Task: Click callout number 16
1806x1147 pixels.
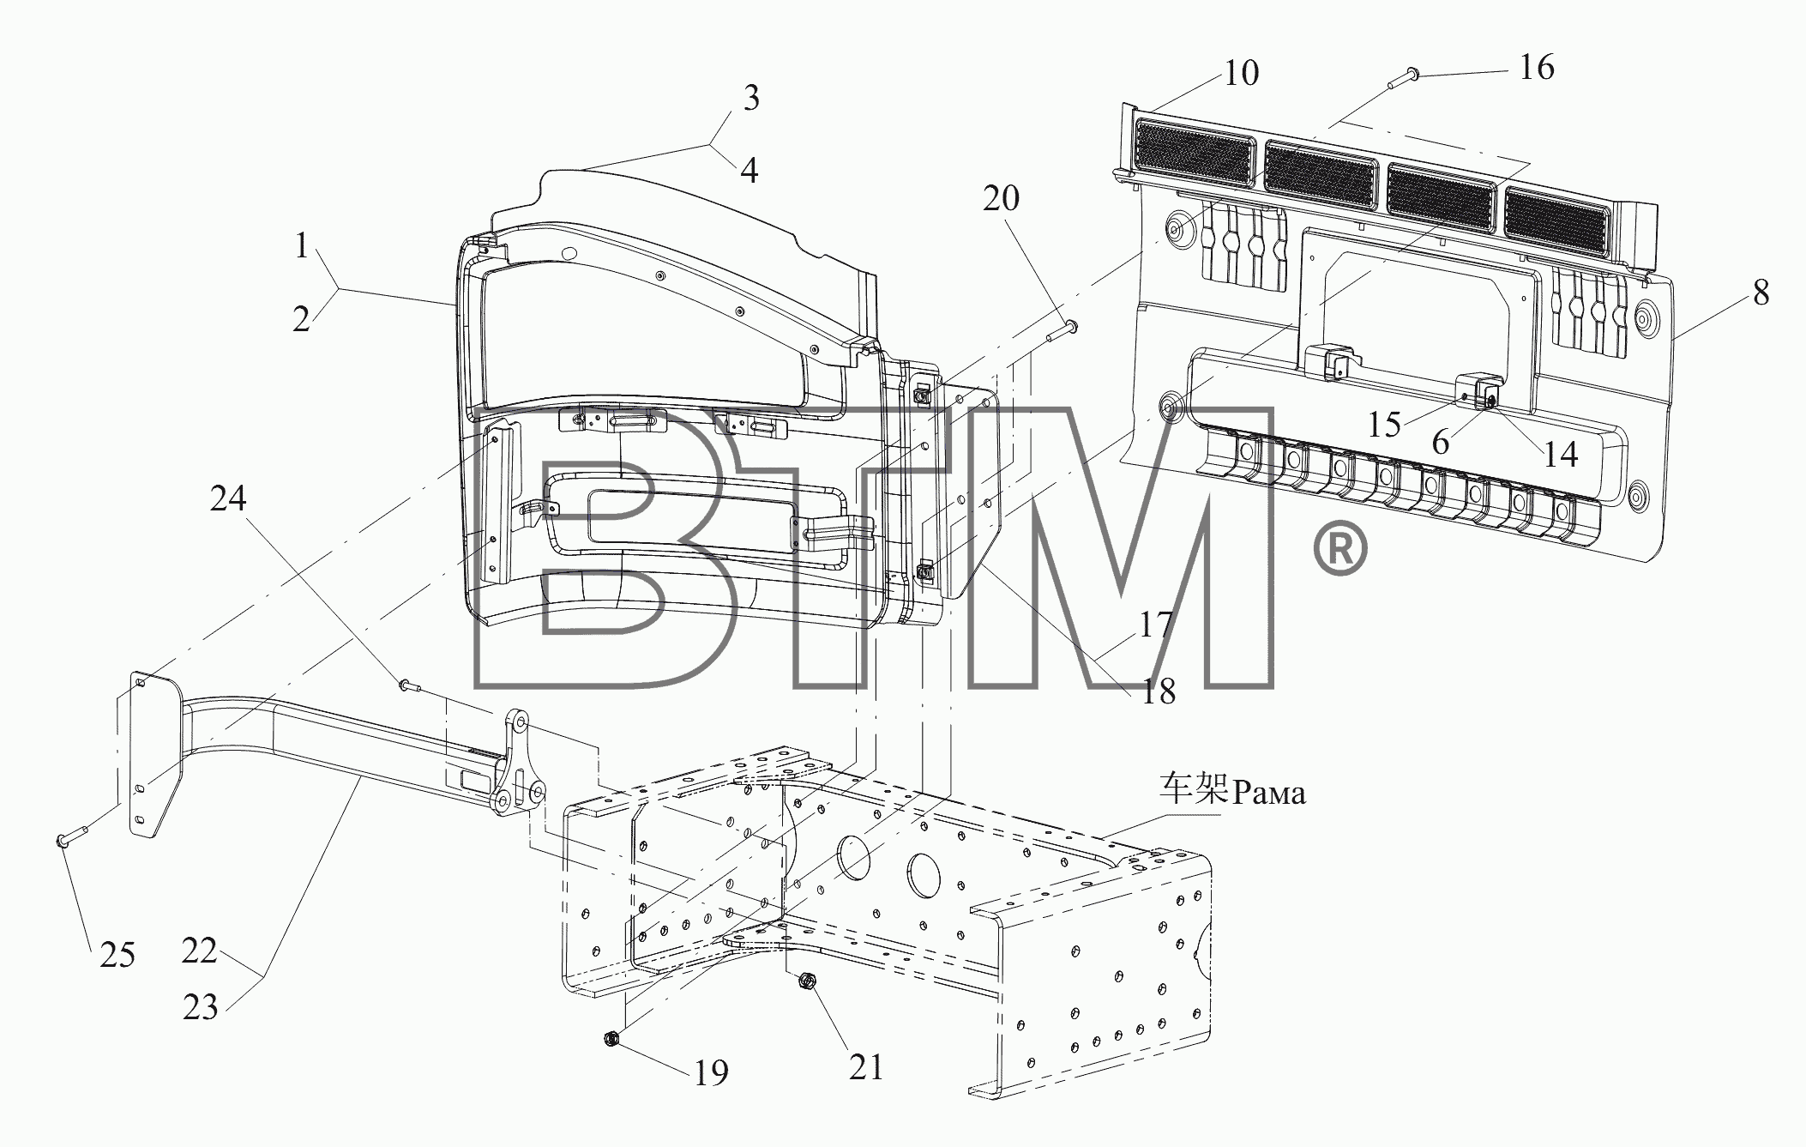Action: pyautogui.click(x=1536, y=67)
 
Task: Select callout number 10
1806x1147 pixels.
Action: pyautogui.click(x=1241, y=73)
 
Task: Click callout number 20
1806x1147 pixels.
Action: pyautogui.click(x=1001, y=198)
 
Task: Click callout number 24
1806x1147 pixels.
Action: pyautogui.click(x=228, y=498)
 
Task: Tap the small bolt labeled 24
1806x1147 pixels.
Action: pyautogui.click(x=408, y=685)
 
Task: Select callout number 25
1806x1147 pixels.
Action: pyautogui.click(x=117, y=954)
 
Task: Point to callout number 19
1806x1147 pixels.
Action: pyautogui.click(x=711, y=1072)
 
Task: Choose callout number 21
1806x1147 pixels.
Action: pyautogui.click(x=865, y=1067)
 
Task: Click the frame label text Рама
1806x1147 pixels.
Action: pyautogui.click(x=1268, y=792)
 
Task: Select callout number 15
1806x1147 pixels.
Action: pyautogui.click(x=1385, y=424)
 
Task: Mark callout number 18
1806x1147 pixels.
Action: pyautogui.click(x=1159, y=691)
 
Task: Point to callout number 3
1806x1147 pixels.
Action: pyautogui.click(x=751, y=98)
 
